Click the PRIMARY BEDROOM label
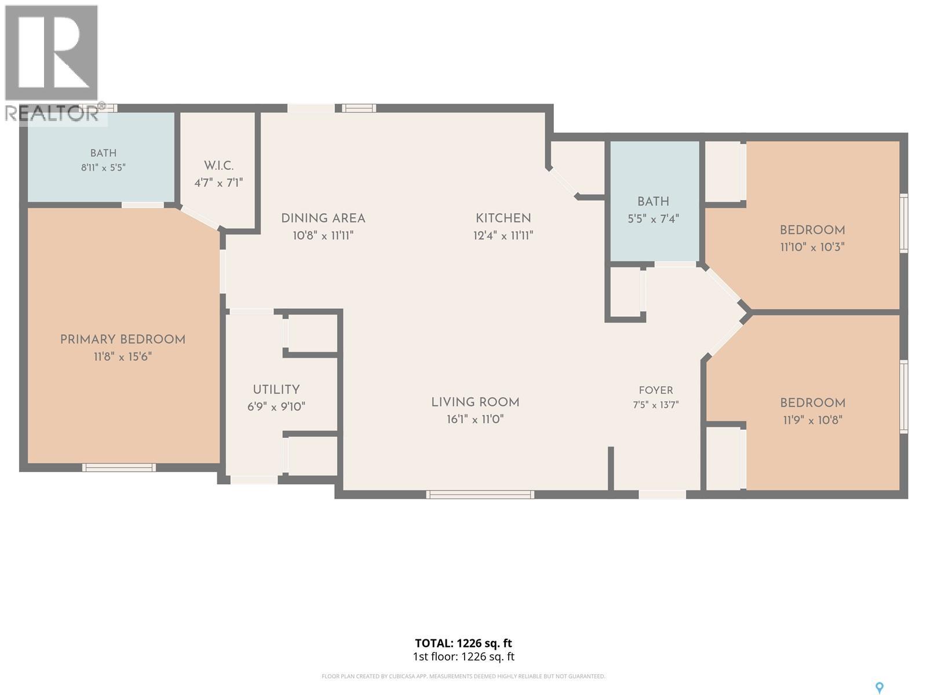pos(122,340)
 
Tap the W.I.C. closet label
pos(218,166)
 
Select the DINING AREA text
pos(323,218)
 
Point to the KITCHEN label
pos(503,218)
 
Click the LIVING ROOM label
pos(475,402)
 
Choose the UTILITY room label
pos(276,389)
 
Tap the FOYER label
pos(655,390)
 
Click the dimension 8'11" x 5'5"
pos(104,167)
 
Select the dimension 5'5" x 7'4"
pos(654,218)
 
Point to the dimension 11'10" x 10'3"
pos(812,247)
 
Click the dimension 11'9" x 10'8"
pos(812,420)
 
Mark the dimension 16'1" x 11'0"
pos(475,419)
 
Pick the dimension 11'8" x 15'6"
pos(122,357)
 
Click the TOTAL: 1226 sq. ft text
pos(463,643)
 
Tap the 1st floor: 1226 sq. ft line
pos(463,657)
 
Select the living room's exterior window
pos(480,495)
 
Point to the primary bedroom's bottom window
pos(119,467)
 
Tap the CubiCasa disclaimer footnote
pos(463,676)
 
